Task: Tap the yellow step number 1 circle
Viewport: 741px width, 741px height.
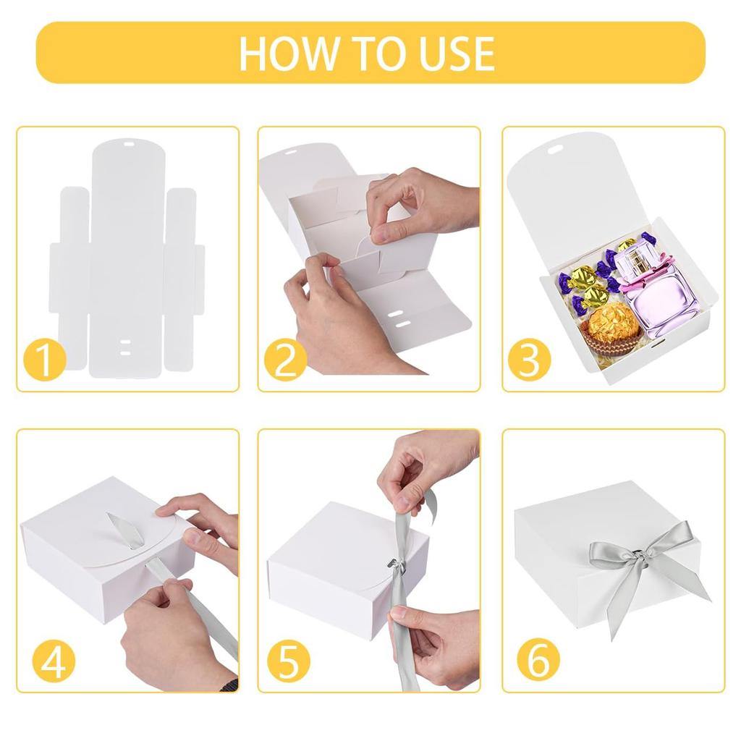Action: tap(44, 360)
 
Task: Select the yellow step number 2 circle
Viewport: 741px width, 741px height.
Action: tap(285, 360)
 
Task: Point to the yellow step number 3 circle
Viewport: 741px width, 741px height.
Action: tap(529, 360)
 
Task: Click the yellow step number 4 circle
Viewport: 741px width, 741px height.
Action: tap(53, 661)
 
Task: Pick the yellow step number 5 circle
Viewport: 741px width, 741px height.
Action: tap(288, 661)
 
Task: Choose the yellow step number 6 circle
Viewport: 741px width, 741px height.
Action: tap(538, 661)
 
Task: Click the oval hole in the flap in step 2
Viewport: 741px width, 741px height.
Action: tap(289, 152)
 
